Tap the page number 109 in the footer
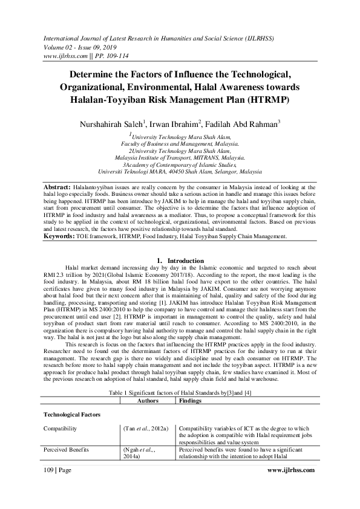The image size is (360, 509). (x=50, y=486)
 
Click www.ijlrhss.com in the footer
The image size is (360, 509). (x=300, y=486)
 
